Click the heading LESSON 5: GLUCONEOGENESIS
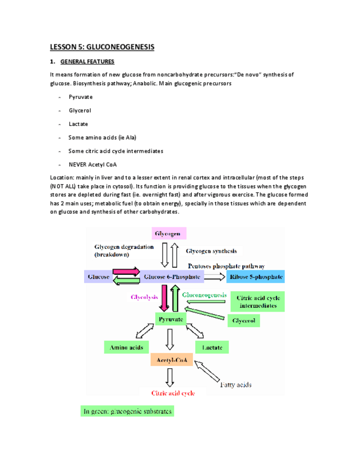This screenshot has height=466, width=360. (x=102, y=47)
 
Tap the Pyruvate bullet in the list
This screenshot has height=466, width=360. (x=80, y=97)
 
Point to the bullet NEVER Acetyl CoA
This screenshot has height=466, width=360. (x=93, y=164)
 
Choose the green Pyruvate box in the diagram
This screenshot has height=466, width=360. (x=171, y=319)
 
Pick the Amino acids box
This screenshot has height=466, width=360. (x=126, y=347)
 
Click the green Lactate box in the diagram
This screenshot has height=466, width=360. (x=212, y=347)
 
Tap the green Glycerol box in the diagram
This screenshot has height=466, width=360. (x=244, y=320)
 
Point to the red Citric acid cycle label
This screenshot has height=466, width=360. (x=170, y=392)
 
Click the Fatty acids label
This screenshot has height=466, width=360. (x=235, y=384)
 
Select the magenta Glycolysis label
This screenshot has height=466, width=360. (x=145, y=297)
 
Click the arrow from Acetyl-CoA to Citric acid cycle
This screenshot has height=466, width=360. (x=170, y=376)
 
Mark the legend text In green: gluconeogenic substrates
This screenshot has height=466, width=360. (x=127, y=410)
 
